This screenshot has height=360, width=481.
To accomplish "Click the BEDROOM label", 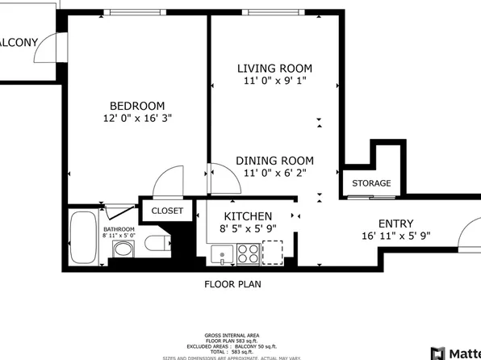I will [137, 106].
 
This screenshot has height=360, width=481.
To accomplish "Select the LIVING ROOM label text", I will [274, 69].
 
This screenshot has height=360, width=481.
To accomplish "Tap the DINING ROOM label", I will [274, 160].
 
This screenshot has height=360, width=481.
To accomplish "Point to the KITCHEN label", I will [248, 216].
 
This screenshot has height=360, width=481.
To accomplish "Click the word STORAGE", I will [371, 183].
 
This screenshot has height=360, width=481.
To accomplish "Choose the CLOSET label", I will [167, 211].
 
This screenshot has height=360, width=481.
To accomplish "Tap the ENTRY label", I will [396, 224].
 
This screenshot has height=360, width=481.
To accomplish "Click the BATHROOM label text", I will [119, 229].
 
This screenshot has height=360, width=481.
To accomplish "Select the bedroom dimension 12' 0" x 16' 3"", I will [137, 118].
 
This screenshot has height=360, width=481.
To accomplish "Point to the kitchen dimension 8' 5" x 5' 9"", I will [248, 229].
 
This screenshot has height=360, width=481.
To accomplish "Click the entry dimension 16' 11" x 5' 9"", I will [396, 237].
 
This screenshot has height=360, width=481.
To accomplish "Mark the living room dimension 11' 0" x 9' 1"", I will [274, 81].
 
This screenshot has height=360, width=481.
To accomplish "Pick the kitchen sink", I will [221, 255].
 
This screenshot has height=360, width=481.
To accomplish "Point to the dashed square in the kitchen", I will [273, 253].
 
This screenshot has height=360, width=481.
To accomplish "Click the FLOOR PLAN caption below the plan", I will [232, 284].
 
